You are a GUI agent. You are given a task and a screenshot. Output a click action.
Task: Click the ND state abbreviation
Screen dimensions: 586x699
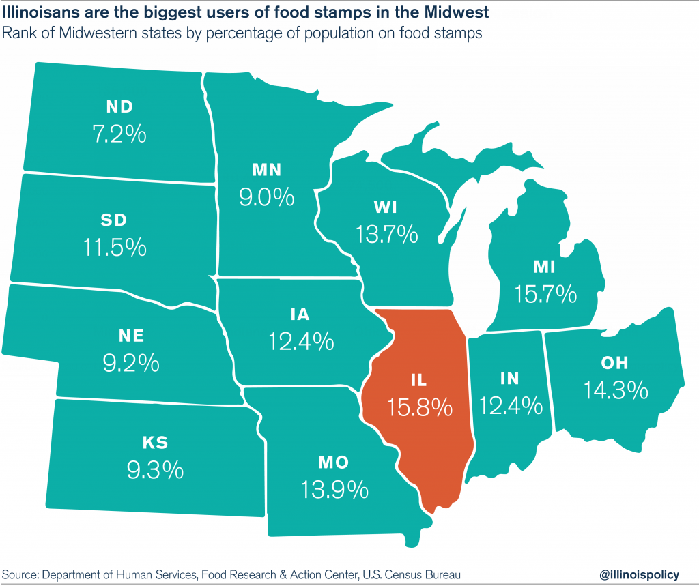pyautogui.click(x=119, y=106)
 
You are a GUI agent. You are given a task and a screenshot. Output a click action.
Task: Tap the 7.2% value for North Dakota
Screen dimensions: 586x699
pyautogui.click(x=119, y=133)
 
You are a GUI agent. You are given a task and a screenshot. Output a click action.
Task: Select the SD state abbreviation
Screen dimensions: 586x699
pyautogui.click(x=113, y=220)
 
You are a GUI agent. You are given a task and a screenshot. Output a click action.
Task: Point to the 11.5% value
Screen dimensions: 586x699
pyautogui.click(x=115, y=247)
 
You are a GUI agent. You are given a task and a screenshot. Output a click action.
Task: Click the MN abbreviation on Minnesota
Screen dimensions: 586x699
pyautogui.click(x=266, y=170)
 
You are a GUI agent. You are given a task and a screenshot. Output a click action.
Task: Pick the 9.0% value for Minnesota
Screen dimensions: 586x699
pyautogui.click(x=266, y=197)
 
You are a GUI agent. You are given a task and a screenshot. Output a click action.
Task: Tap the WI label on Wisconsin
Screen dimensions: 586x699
pyautogui.click(x=386, y=207)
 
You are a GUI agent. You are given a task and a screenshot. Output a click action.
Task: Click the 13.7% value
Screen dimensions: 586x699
pyautogui.click(x=386, y=234)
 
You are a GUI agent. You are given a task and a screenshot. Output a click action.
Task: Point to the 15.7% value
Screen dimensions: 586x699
pyautogui.click(x=546, y=294)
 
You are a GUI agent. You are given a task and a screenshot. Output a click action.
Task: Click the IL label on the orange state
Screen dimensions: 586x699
pyautogui.click(x=420, y=379)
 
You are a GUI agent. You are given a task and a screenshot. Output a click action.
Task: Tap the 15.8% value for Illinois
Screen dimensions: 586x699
pyautogui.click(x=420, y=407)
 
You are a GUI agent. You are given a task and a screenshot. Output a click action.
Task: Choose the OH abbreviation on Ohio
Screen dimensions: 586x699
pyautogui.click(x=615, y=363)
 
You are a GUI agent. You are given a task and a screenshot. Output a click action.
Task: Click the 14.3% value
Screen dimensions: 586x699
pyautogui.click(x=615, y=390)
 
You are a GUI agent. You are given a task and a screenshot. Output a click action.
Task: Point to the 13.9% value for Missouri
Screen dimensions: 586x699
pyautogui.click(x=334, y=489)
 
